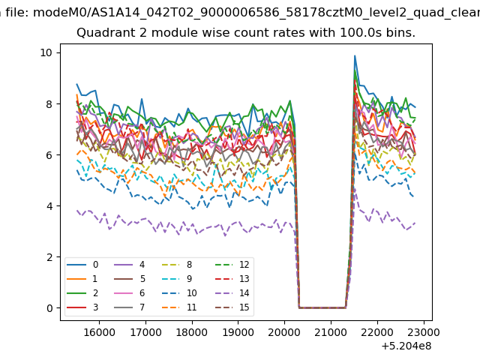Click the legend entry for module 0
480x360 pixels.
coord(82,265)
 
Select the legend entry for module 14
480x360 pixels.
coord(232,293)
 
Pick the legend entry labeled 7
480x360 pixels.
coord(129,307)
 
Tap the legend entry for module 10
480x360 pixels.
coord(179,293)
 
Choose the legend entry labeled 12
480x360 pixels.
coord(232,265)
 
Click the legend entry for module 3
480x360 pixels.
coord(82,307)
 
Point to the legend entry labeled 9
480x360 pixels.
coord(177,278)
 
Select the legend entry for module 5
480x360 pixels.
coord(129,278)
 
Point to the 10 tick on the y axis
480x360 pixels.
coord(46,52)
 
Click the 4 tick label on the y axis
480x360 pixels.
coord(49,206)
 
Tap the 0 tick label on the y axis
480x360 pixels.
coord(49,308)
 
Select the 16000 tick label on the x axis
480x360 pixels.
coord(99,332)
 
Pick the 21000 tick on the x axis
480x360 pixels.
coord(331,332)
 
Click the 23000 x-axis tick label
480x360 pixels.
coord(424,332)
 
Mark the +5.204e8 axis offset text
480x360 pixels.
coord(406,346)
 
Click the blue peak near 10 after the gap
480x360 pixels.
coord(355,55)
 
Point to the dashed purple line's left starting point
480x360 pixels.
coord(77,210)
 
